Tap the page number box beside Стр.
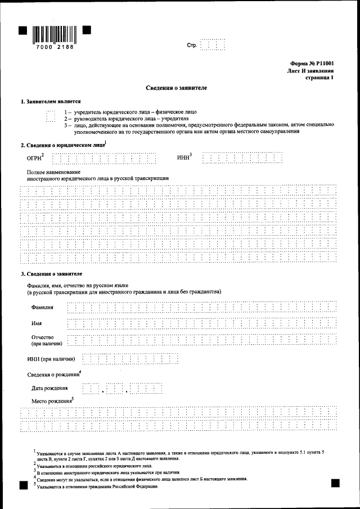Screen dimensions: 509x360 coord(213,44)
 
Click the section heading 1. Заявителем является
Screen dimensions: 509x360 coord(51,102)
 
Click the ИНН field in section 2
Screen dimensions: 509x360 coord(242,159)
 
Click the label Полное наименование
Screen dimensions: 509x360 coord(53,171)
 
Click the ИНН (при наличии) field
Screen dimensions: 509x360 coord(130,359)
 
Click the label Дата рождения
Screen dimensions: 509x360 coord(50,388)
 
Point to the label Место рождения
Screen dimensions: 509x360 coord(52,400)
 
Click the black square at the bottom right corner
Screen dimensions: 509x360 coord(335,483)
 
